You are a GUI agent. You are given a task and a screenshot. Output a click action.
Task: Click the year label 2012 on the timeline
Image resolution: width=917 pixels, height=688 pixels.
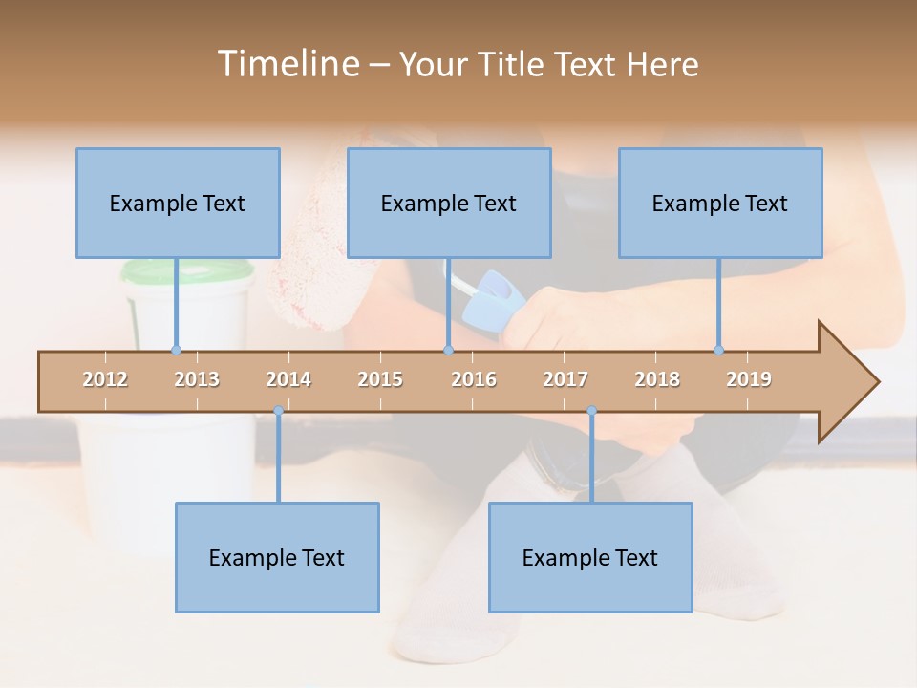click(x=105, y=379)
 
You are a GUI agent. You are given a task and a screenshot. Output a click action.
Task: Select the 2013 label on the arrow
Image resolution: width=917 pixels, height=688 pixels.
click(x=197, y=379)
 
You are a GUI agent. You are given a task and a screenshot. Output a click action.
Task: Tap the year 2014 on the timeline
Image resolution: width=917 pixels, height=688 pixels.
click(x=288, y=379)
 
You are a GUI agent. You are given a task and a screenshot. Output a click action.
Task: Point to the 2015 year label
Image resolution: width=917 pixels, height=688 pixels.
click(x=380, y=379)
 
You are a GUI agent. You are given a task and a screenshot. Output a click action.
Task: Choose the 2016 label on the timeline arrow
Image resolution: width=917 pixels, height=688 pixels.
click(x=474, y=379)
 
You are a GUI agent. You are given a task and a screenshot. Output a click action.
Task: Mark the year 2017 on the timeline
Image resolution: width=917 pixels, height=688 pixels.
click(x=565, y=379)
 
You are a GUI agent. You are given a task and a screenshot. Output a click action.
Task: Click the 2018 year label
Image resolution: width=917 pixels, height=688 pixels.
click(x=657, y=379)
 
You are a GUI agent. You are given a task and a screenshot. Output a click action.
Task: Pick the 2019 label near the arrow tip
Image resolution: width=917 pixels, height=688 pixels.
click(x=749, y=379)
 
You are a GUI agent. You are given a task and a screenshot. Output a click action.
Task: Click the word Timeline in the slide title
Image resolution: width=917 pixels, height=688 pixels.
click(x=287, y=64)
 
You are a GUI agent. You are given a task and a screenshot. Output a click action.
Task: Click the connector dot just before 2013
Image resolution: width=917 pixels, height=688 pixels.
click(x=176, y=350)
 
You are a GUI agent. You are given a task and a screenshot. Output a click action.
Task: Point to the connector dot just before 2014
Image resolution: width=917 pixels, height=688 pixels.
click(x=278, y=411)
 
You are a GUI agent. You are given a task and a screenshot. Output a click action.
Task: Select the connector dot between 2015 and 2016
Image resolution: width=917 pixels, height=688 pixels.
click(x=448, y=350)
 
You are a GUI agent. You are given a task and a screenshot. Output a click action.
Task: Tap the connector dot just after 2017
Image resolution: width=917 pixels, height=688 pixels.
click(x=591, y=411)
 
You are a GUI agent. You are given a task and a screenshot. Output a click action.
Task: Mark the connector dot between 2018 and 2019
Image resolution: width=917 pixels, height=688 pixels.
click(x=718, y=350)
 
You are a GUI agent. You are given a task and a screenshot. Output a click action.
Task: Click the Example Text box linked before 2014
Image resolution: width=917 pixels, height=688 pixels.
click(x=277, y=557)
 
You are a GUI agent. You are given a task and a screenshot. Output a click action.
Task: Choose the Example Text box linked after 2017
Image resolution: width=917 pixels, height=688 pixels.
click(x=590, y=557)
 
